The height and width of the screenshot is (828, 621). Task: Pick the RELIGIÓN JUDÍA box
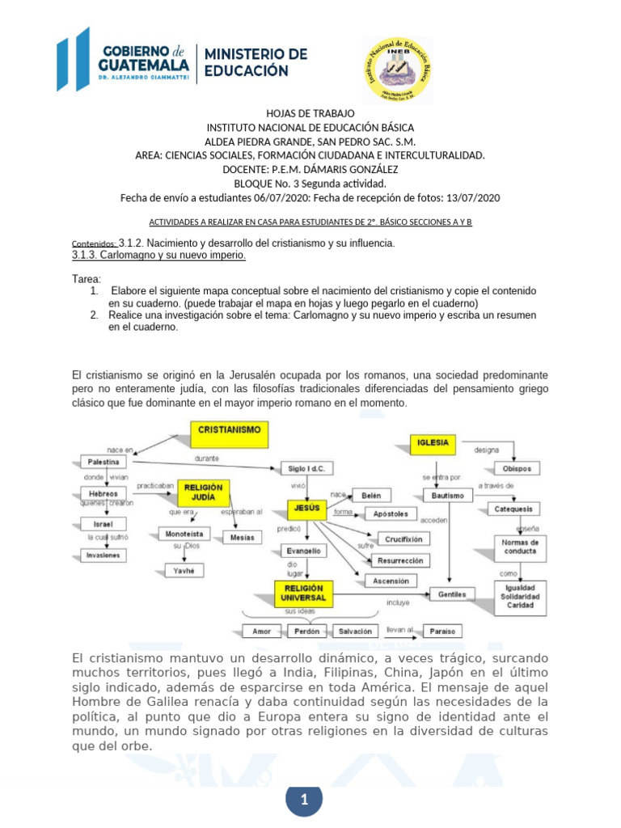203,492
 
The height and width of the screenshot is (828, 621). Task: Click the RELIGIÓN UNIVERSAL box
302,593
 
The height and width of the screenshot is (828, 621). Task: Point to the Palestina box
103,462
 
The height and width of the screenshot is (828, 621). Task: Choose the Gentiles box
452,594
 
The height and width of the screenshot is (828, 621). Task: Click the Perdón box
306,631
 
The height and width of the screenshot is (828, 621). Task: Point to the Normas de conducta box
519,546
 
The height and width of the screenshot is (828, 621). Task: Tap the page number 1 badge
304,801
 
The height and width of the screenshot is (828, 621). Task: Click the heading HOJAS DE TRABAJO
310,113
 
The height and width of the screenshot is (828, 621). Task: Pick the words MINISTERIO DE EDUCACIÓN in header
256,62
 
